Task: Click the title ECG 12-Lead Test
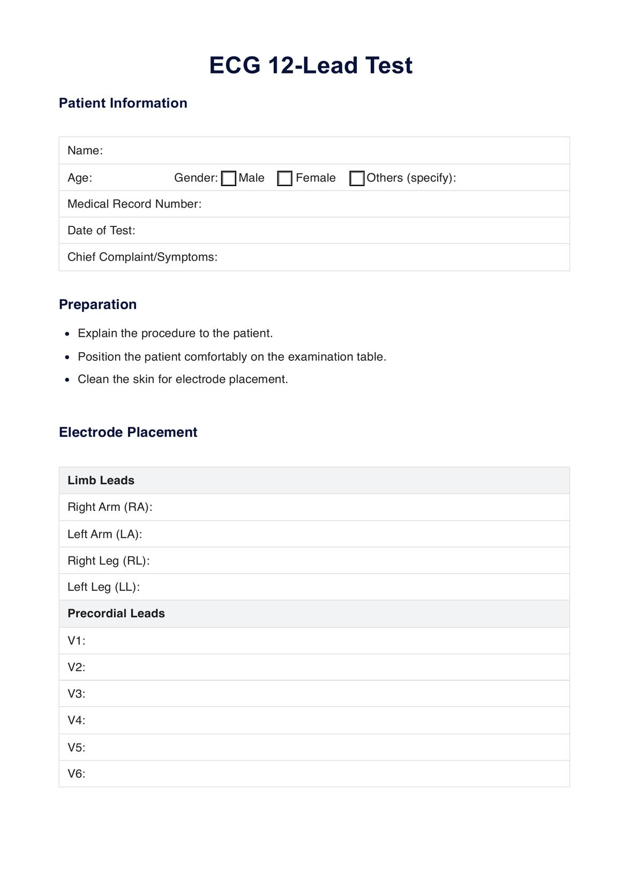click(x=311, y=65)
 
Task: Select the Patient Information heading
click(x=123, y=103)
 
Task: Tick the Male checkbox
click(x=229, y=179)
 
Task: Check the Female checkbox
click(x=285, y=179)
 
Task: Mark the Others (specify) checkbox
click(x=357, y=179)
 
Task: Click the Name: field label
click(x=85, y=151)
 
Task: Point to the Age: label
click(x=80, y=178)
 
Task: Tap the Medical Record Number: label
click(x=134, y=204)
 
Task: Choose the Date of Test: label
click(x=101, y=231)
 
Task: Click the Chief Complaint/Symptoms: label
click(x=142, y=257)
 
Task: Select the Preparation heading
click(x=97, y=305)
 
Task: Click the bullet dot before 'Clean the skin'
click(x=67, y=380)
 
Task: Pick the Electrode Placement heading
click(x=128, y=432)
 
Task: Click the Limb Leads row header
click(x=101, y=480)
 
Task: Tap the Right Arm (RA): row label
click(x=110, y=507)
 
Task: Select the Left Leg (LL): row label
click(x=103, y=587)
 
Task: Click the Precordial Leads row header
click(x=116, y=613)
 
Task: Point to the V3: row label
click(x=77, y=694)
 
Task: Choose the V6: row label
click(x=77, y=774)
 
